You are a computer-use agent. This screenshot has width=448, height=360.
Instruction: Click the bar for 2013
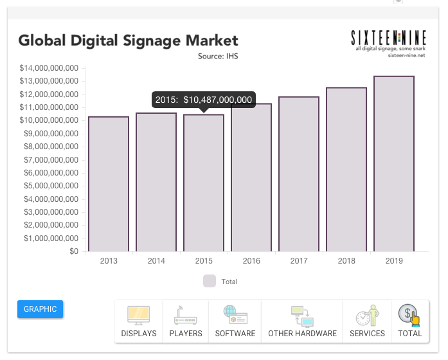click(109, 184)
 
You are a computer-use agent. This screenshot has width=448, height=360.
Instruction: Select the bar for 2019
click(394, 164)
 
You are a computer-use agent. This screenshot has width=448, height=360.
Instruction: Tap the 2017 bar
click(299, 174)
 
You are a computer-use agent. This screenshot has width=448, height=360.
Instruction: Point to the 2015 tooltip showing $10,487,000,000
click(204, 100)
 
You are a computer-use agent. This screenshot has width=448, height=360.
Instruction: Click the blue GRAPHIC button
click(40, 309)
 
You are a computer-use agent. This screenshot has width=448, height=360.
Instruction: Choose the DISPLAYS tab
click(139, 321)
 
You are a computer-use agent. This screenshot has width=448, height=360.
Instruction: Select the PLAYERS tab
click(186, 321)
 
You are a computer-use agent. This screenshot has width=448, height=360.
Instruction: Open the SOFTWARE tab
click(235, 321)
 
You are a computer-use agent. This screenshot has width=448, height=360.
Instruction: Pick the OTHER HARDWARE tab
click(302, 321)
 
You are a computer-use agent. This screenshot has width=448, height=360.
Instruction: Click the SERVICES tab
click(367, 321)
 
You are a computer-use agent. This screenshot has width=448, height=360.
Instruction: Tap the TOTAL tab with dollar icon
click(409, 321)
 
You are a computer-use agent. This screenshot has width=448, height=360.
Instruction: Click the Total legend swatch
click(210, 281)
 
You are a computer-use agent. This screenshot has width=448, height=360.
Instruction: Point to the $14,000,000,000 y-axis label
click(49, 68)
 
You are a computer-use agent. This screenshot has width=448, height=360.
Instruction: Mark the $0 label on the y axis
click(74, 251)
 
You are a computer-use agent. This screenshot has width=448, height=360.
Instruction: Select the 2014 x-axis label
click(156, 261)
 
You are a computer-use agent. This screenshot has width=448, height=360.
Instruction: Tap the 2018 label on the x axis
click(346, 261)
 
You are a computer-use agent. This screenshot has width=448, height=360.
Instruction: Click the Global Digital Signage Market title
click(128, 40)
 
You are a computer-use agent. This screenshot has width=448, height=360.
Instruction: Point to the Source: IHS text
click(219, 57)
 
